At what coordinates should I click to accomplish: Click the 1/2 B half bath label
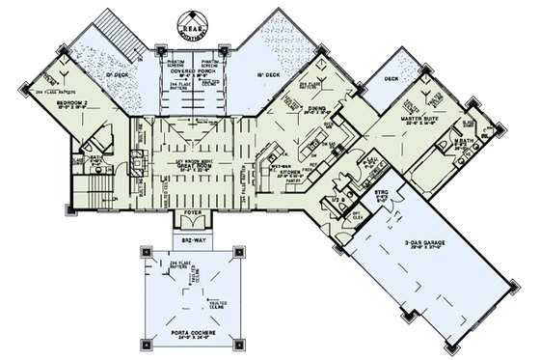tap(337, 199)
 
